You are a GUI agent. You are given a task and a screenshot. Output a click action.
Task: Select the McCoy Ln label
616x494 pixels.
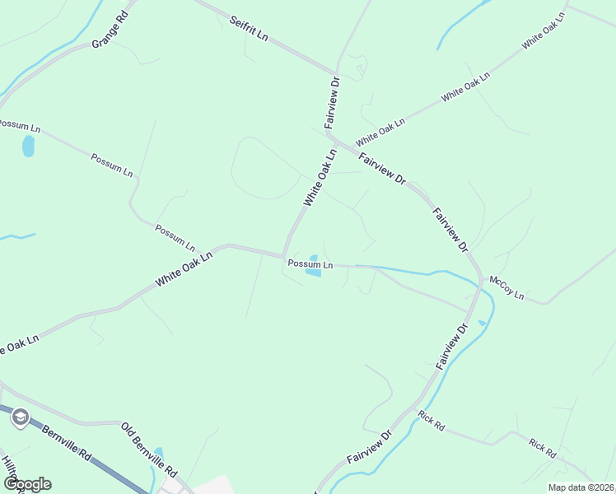pyautogui.click(x=506, y=287)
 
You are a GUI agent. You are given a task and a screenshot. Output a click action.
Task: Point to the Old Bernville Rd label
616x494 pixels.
pyautogui.click(x=149, y=451)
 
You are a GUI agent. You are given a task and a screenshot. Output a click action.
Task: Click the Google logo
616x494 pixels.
pyautogui.click(x=26, y=484)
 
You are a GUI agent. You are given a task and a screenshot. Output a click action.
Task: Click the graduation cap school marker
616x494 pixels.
pyautogui.click(x=20, y=418)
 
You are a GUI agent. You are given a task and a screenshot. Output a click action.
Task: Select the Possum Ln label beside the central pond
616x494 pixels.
pyautogui.click(x=310, y=264)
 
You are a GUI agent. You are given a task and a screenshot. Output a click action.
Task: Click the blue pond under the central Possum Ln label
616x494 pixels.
pyautogui.click(x=314, y=273)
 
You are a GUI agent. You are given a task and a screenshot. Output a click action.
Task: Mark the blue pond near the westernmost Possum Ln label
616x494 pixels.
pyautogui.click(x=28, y=147)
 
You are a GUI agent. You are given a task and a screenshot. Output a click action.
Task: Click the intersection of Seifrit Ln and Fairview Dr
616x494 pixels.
pyautogui.click(x=337, y=72)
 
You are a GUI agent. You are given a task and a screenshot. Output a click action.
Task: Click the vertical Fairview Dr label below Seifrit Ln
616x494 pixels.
pyautogui.click(x=333, y=102)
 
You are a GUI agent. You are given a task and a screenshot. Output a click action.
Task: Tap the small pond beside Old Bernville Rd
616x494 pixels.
pyautogui.click(x=159, y=454)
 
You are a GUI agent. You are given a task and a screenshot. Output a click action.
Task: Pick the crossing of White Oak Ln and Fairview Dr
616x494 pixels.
pyautogui.click(x=339, y=142)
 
